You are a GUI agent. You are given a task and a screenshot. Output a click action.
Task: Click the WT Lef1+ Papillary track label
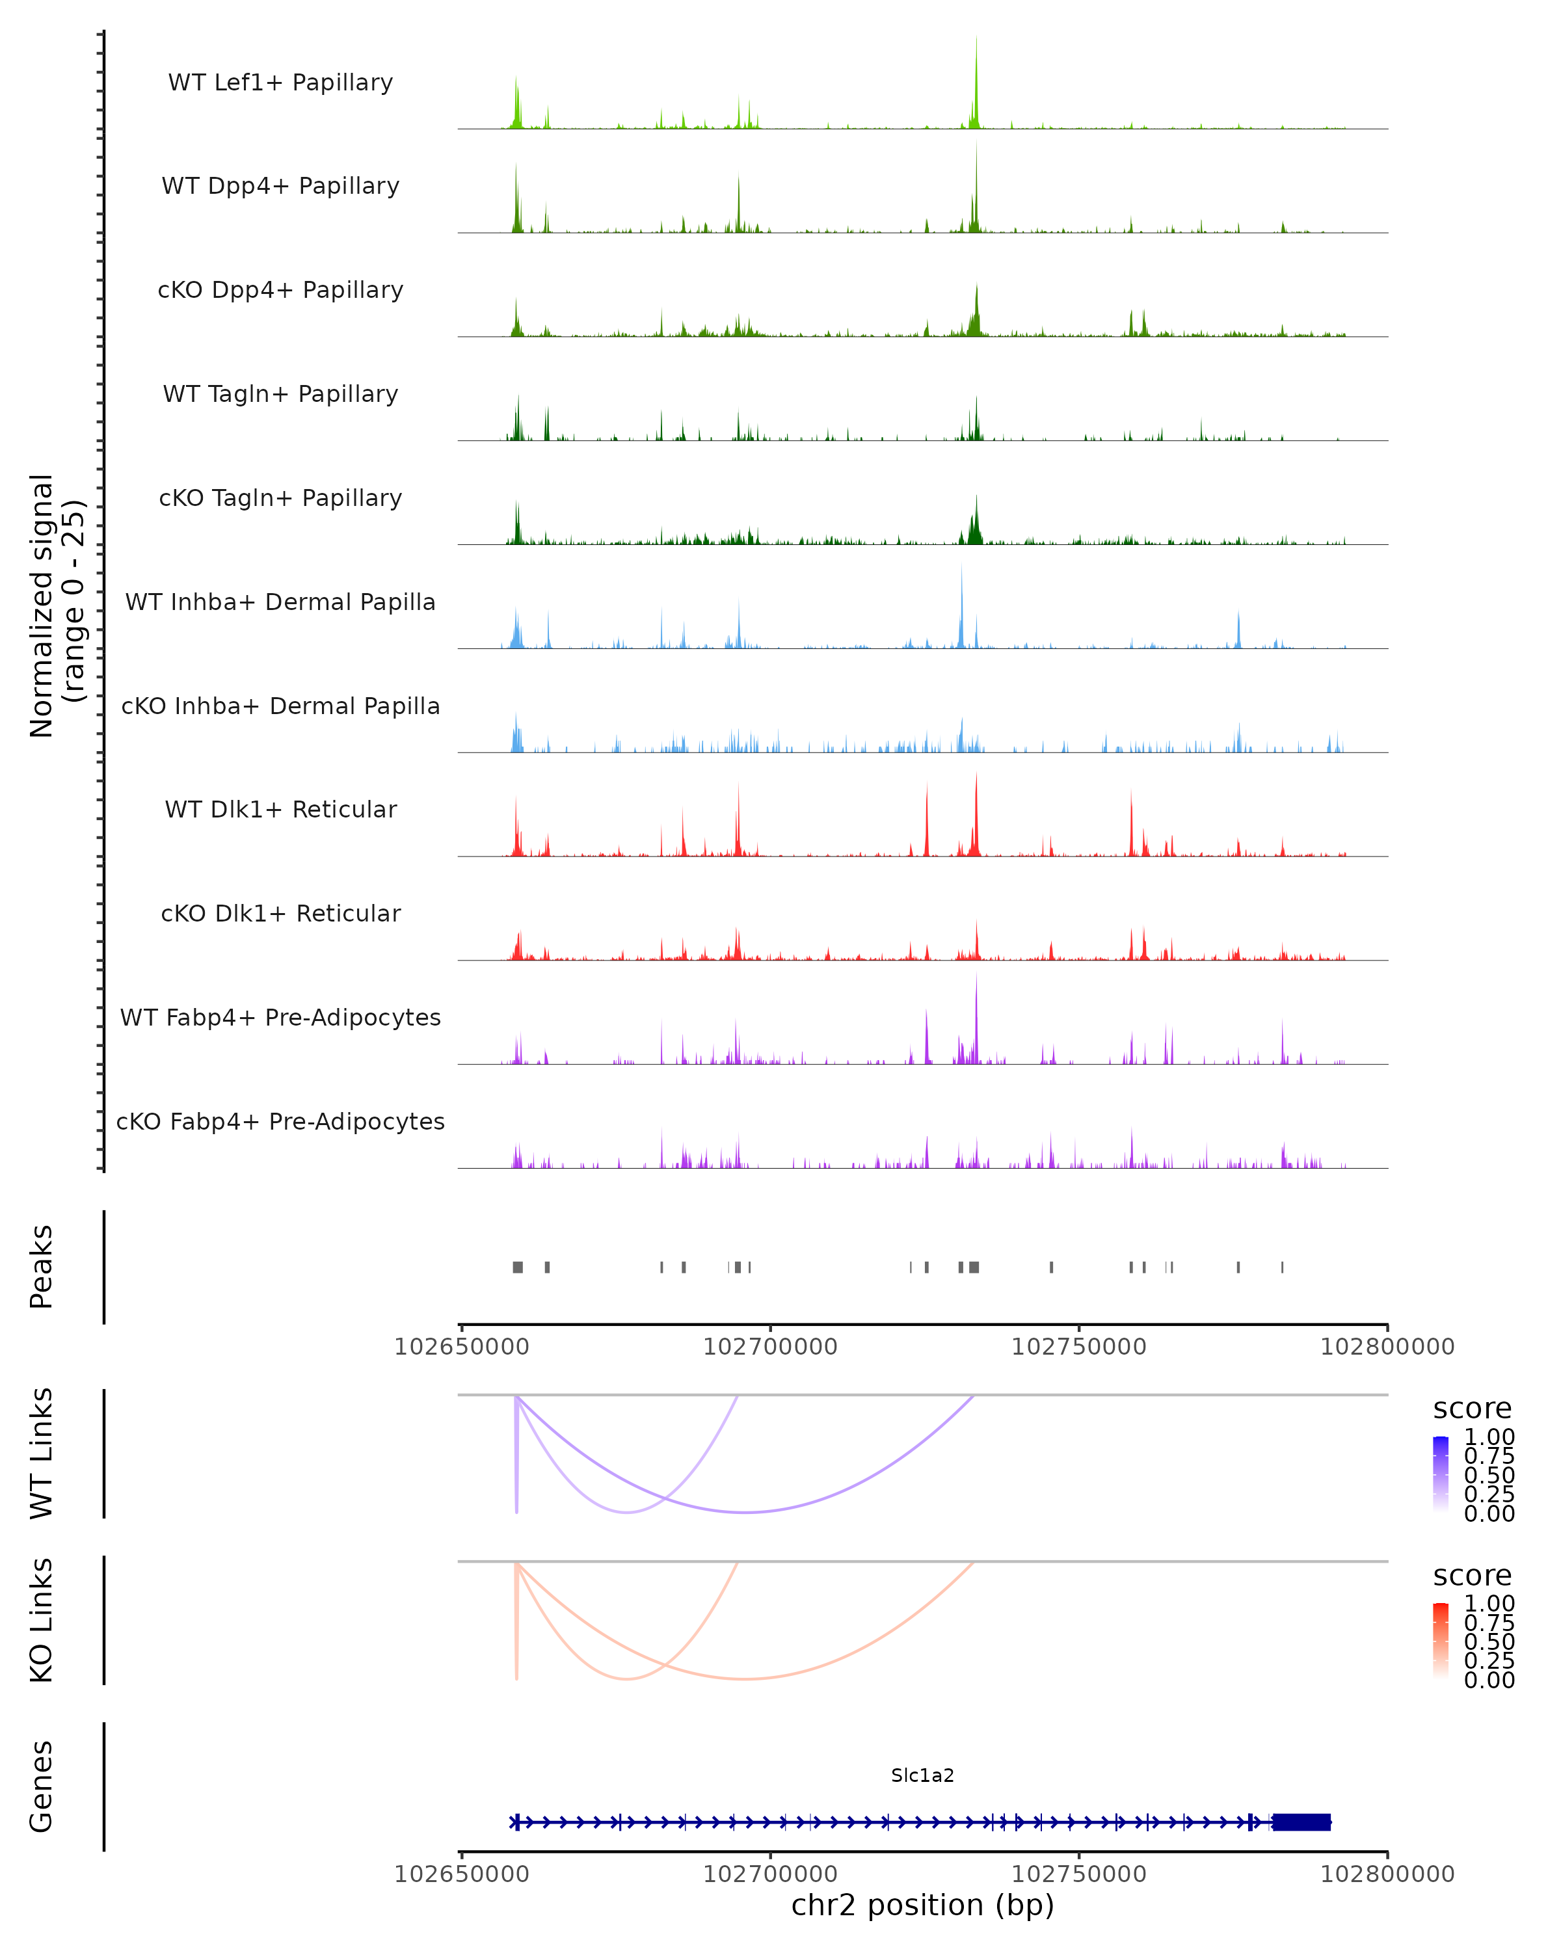(280, 83)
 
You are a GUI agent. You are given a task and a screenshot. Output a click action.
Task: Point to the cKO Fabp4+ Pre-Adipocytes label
(280, 1121)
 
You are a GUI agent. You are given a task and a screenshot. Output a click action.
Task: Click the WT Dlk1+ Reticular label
(280, 809)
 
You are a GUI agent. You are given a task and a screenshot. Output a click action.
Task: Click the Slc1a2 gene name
(922, 1775)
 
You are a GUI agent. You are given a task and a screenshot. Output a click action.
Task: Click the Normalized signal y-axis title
(56, 605)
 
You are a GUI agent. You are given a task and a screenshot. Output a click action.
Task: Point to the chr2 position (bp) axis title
(922, 1905)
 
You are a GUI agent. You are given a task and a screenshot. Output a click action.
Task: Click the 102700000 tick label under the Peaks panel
(770, 1347)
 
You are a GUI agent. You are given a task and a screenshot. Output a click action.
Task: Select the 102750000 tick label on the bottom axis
(1078, 1874)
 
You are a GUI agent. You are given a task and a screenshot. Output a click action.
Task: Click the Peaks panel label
(42, 1267)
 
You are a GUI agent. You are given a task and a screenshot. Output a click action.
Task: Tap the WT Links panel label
(42, 1454)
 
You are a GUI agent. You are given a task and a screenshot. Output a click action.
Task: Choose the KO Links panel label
(42, 1621)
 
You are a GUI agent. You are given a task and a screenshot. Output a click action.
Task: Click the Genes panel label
(42, 1786)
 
